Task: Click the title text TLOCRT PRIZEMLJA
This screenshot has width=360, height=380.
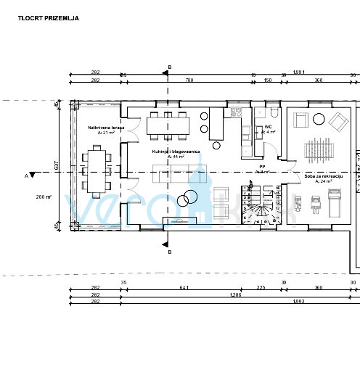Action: click(49, 17)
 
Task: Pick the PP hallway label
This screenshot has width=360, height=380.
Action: click(262, 169)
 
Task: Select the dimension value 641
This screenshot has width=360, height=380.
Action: click(184, 289)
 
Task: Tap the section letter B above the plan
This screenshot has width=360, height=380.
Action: click(169, 67)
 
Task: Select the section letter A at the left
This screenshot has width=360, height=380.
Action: click(25, 175)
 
